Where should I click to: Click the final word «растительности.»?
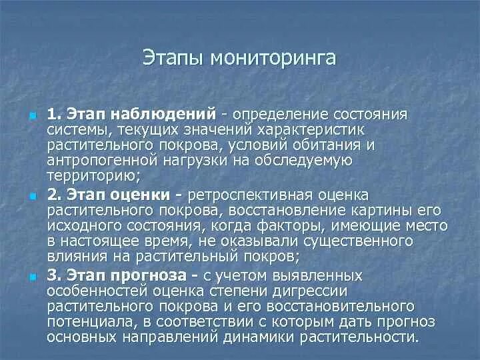pyautogui.click(x=363, y=338)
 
